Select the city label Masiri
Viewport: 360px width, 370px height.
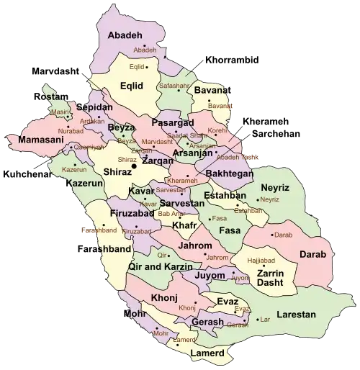(60, 112)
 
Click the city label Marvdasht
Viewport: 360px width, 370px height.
(158, 141)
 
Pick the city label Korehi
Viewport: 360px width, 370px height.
(217, 131)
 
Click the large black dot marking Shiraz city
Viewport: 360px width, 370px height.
(133, 167)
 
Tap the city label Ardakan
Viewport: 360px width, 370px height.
(91, 121)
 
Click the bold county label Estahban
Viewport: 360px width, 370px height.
(225, 195)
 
